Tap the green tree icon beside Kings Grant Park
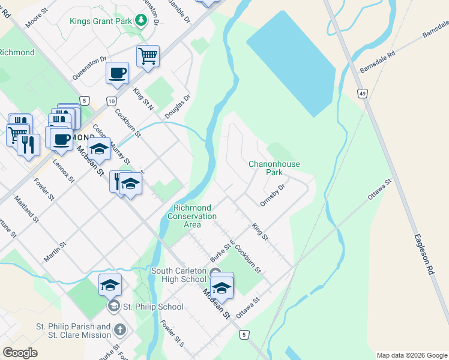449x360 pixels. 141,22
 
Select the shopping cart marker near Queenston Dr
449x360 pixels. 148,56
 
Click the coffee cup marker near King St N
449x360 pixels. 117,73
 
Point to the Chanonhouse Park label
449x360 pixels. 274,168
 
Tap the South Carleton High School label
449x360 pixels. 178,275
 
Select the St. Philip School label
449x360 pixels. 152,307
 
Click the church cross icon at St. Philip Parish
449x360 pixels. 120,330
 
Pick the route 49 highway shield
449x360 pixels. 362,94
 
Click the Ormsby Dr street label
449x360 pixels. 273,195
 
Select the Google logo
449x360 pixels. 20,352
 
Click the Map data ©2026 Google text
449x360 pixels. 411,355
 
